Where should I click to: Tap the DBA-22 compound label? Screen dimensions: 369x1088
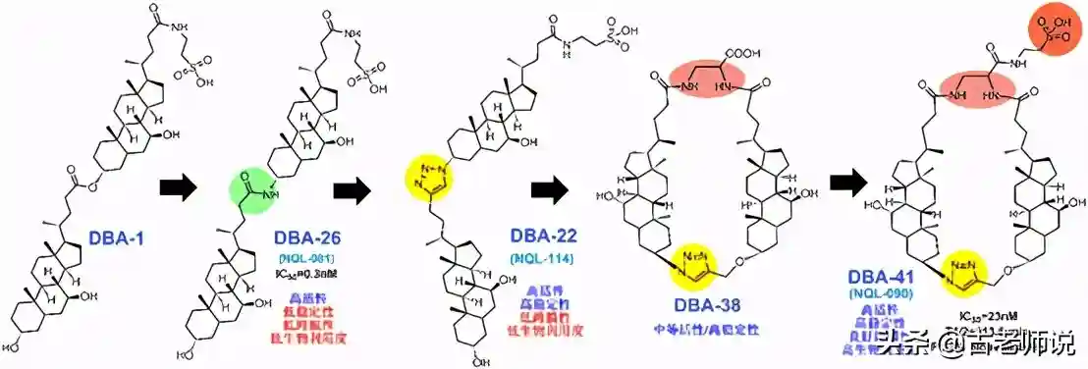542,237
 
